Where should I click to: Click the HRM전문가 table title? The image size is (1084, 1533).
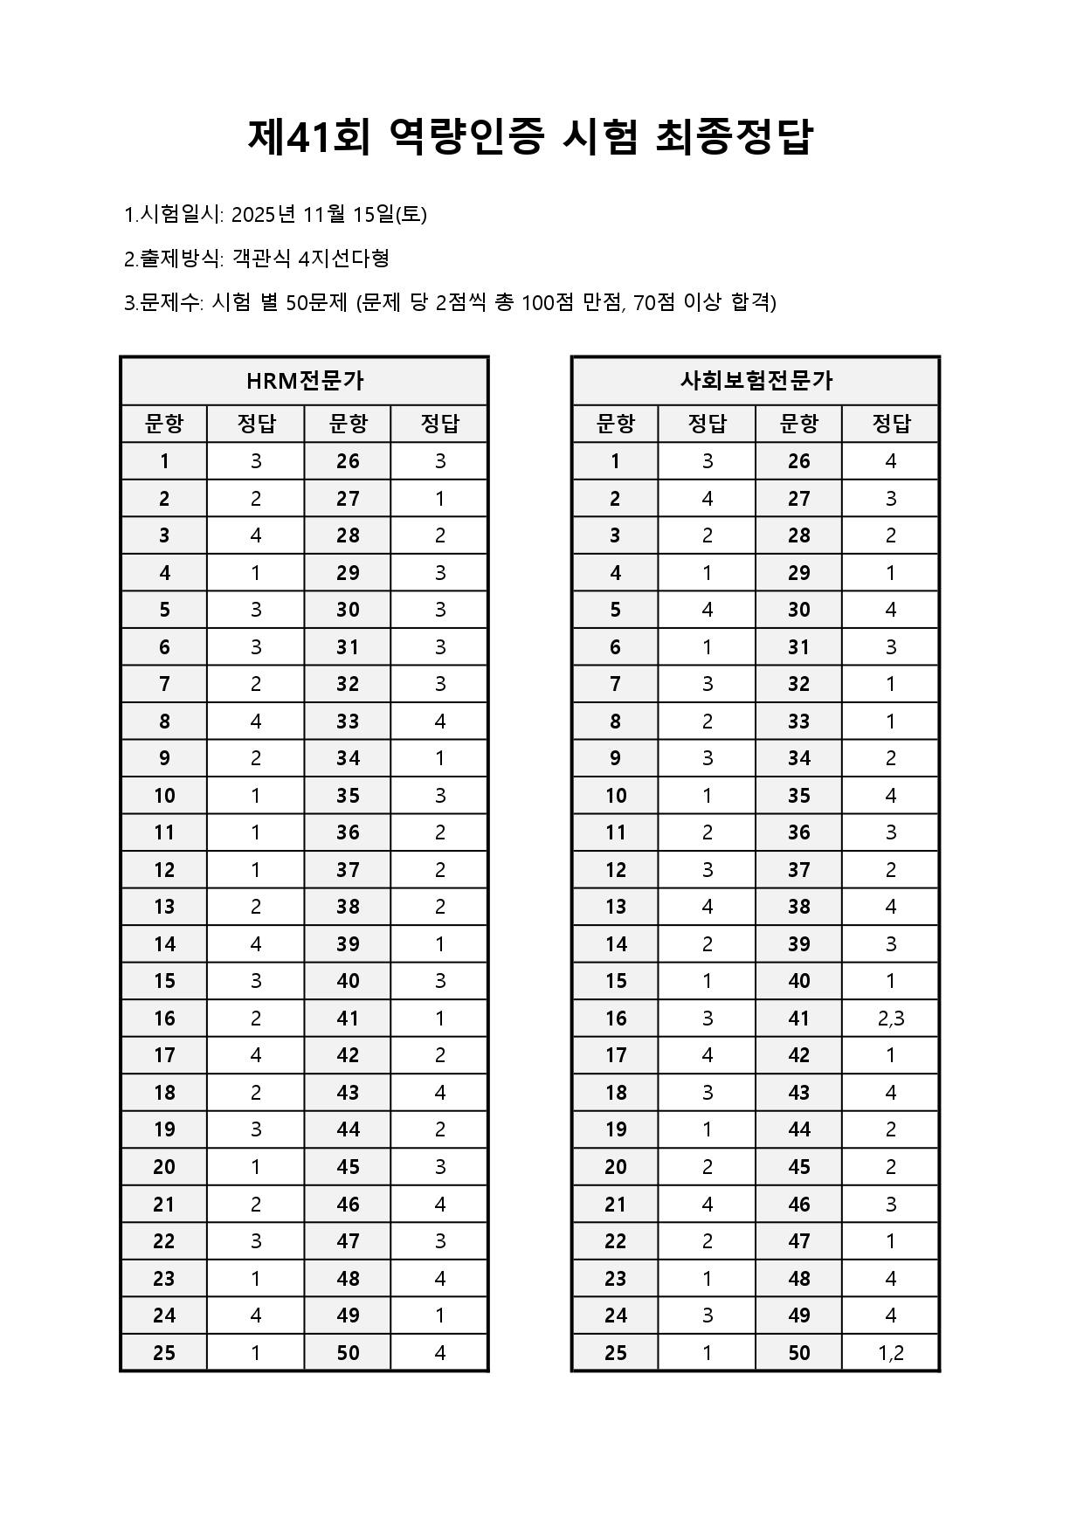tap(304, 381)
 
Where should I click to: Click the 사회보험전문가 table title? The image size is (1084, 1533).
tap(756, 381)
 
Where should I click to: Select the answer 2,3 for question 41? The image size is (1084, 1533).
tap(891, 1019)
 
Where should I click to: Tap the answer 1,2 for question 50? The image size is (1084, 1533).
tap(891, 1353)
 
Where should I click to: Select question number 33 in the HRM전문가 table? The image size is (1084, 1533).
tap(348, 722)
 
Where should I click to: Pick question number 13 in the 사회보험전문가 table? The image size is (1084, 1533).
tap(616, 907)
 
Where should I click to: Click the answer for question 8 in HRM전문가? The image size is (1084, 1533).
tap(256, 722)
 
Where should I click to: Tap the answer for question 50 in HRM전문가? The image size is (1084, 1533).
tap(440, 1353)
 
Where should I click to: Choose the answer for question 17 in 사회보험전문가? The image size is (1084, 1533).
tap(708, 1055)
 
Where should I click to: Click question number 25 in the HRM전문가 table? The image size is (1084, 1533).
tap(164, 1353)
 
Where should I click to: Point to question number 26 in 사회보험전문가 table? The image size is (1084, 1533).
tap(799, 461)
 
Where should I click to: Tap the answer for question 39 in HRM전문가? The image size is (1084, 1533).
tap(440, 944)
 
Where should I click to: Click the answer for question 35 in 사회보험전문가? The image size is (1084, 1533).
tap(891, 796)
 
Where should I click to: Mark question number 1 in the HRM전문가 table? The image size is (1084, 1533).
tap(164, 461)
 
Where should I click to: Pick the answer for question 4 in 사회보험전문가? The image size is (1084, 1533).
tap(708, 573)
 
